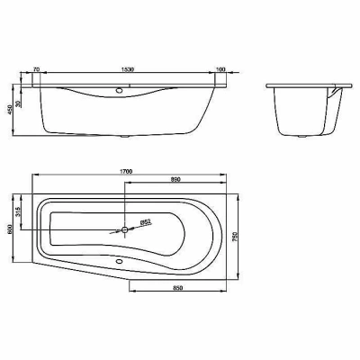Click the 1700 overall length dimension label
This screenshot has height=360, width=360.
tap(127, 171)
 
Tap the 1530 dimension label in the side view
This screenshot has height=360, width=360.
tap(127, 69)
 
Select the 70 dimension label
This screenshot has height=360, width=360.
tap(36, 69)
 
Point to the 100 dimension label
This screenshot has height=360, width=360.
tap(220, 69)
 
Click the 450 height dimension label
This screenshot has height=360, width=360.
tap(10, 109)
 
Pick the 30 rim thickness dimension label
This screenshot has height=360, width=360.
tap(18, 103)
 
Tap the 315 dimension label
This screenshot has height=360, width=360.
tap(17, 212)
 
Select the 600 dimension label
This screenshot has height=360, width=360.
tap(10, 229)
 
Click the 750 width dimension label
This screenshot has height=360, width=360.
tap(235, 237)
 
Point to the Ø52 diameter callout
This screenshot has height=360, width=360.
tap(146, 222)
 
